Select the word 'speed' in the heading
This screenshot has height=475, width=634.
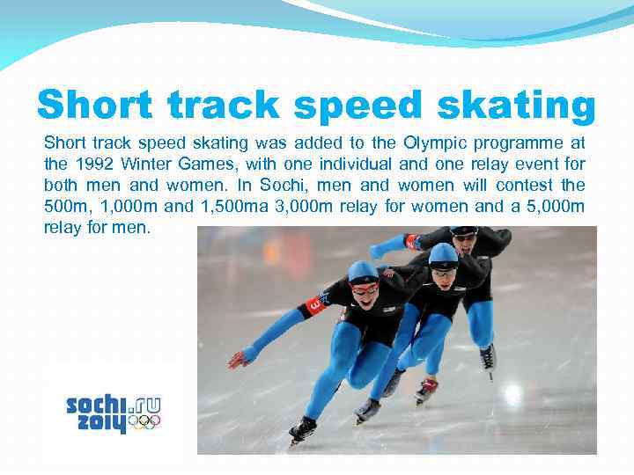click(350, 105)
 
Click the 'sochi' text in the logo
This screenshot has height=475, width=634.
click(97, 406)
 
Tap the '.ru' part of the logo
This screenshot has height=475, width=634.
click(145, 406)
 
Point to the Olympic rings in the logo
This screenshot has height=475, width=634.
click(144, 422)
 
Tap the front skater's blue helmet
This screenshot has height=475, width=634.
click(363, 270)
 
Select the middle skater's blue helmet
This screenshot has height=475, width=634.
click(443, 253)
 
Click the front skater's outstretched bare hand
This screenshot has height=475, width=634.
click(238, 359)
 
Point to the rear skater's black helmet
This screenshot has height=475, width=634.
click(464, 231)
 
